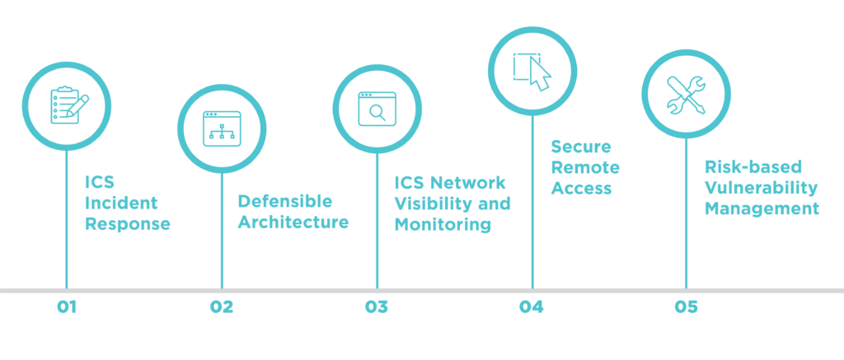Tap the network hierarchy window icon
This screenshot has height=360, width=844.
222,129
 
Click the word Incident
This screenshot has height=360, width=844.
121,203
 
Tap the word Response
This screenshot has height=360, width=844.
128,223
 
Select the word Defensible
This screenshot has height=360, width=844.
285,201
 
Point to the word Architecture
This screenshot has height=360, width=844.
293,222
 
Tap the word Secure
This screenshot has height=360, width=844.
581,147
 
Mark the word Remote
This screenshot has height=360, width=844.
585,167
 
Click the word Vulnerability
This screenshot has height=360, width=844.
761,188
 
